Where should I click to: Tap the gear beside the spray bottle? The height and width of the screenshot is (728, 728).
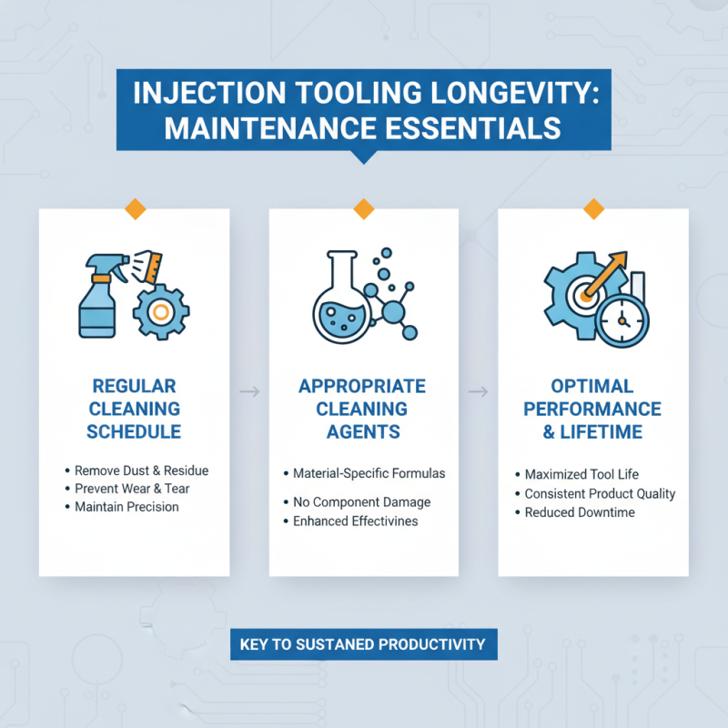[x=160, y=312]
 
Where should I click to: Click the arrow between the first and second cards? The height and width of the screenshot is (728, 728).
[x=249, y=392]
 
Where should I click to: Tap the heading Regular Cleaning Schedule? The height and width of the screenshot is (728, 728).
[x=134, y=409]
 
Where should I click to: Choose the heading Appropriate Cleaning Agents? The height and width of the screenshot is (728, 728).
[x=363, y=409]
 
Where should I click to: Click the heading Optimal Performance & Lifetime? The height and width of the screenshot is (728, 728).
[x=592, y=409]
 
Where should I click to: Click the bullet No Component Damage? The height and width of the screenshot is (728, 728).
[x=361, y=501]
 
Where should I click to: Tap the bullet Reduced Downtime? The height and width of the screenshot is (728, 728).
[x=580, y=512]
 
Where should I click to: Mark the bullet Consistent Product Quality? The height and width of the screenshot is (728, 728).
[x=600, y=493]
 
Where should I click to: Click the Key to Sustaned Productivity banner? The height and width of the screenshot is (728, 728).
[x=363, y=644]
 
